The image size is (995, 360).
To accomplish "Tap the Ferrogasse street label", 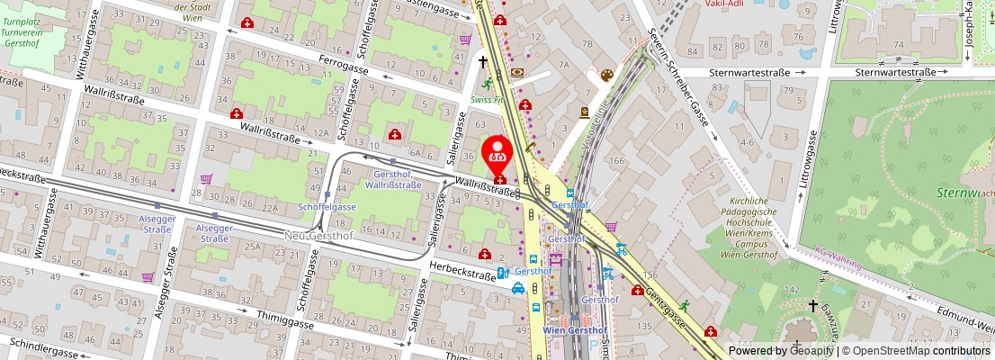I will (x=345, y=66).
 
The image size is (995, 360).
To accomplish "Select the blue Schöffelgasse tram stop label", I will (x=327, y=206).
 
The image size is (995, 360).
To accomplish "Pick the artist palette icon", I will (x=606, y=75).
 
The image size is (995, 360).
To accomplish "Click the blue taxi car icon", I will (x=518, y=288).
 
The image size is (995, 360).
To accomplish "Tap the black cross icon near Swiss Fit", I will (x=483, y=62).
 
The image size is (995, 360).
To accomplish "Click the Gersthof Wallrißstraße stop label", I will (x=393, y=178).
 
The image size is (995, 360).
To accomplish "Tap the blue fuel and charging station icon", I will (x=503, y=272).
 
